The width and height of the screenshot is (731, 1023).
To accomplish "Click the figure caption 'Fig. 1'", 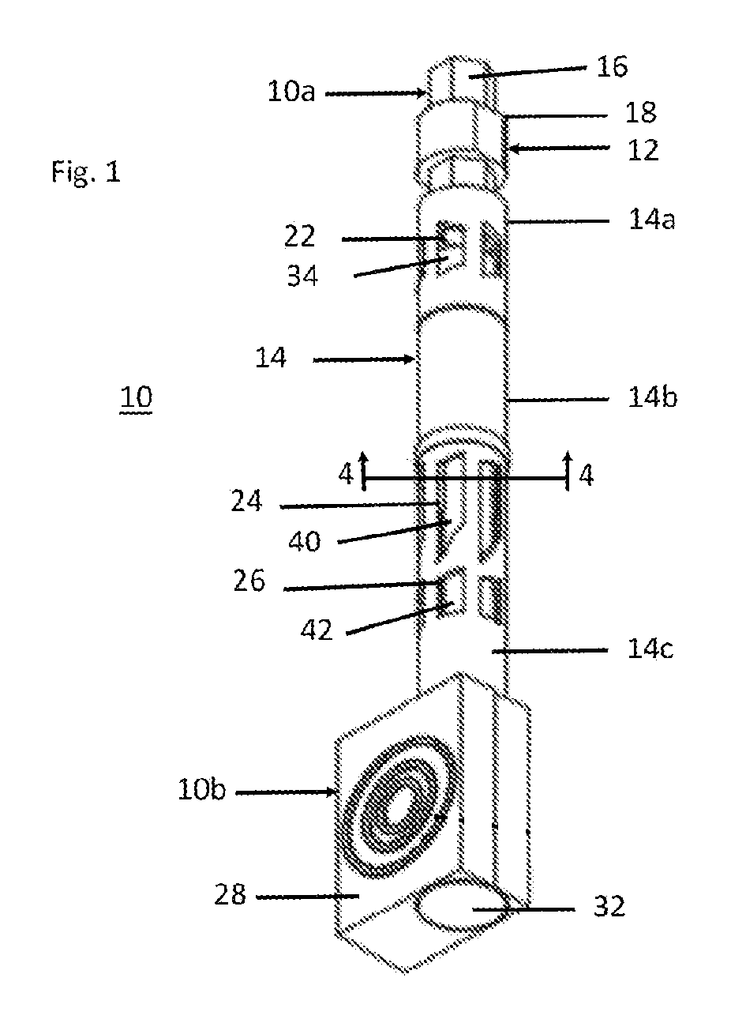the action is pos(86,172).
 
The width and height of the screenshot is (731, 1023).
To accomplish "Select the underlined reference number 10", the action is pos(136,397).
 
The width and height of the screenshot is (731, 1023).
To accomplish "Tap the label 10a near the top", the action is pos(291,92).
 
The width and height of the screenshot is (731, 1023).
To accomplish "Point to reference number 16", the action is pos(613,66).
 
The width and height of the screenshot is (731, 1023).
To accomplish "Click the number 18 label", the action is pos(641,112).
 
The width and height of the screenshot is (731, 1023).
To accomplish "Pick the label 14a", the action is pos(651,220).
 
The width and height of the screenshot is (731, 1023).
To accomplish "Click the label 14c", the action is pos(650,649).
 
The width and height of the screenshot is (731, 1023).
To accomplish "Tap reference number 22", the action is pos(300,236).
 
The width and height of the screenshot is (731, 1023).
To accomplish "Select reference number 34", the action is pos(302,276).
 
